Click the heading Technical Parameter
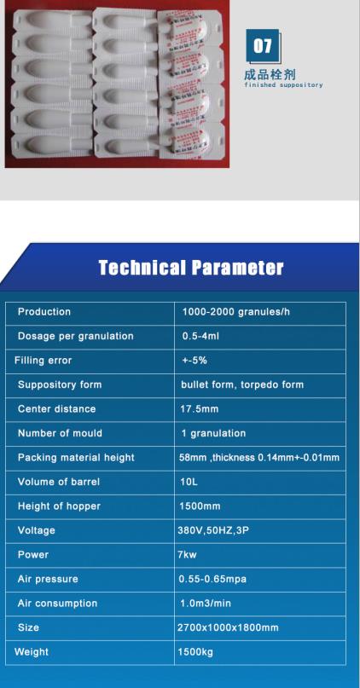(x=190, y=269)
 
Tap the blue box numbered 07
(x=262, y=46)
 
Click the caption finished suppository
(x=283, y=85)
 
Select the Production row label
(x=44, y=312)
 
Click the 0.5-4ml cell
(x=201, y=336)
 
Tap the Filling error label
(x=44, y=361)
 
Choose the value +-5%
(x=195, y=361)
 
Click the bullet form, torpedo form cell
(x=242, y=384)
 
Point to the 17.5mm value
(x=200, y=409)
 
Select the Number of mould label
(x=60, y=433)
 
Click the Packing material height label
(x=76, y=458)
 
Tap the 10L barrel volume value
(x=189, y=482)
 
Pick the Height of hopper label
(x=59, y=506)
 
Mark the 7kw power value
(x=187, y=555)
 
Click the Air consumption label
(x=57, y=604)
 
